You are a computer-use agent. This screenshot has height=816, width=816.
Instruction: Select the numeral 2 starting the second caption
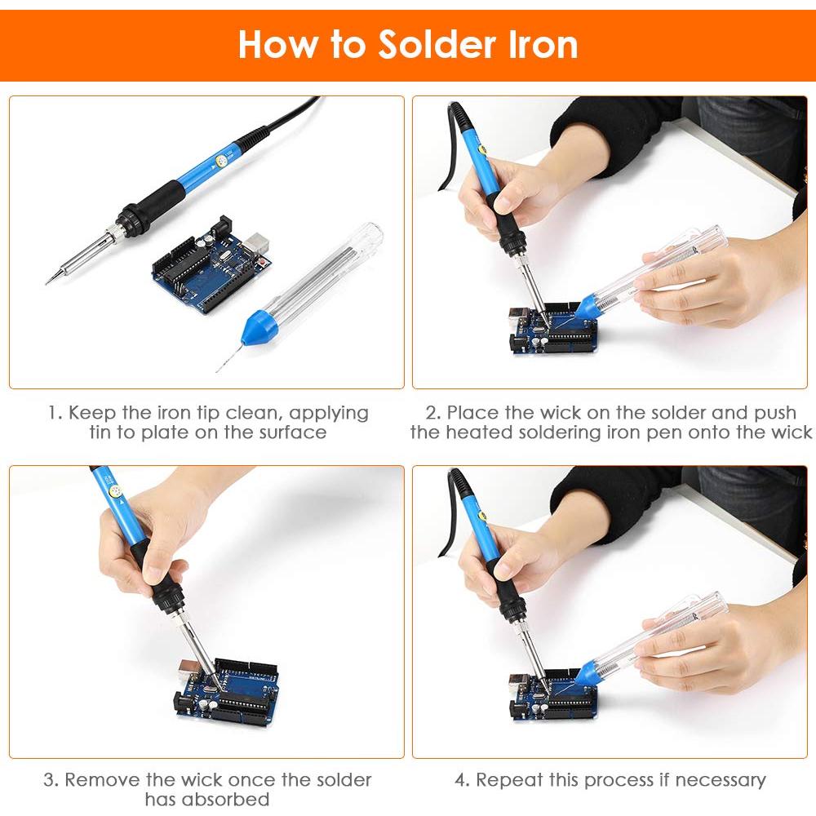[x=432, y=413]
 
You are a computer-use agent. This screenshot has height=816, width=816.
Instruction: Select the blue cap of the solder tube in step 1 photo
[x=258, y=327]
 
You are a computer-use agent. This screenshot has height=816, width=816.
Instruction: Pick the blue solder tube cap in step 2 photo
[x=588, y=306]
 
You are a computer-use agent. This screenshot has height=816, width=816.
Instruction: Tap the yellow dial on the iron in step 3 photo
[x=115, y=490]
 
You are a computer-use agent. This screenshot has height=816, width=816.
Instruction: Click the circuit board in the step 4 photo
[x=552, y=695]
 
